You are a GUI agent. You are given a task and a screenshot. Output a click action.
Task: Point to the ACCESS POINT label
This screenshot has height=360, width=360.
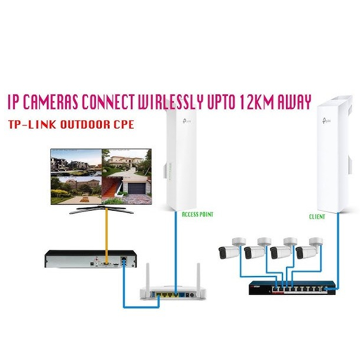(x=197, y=214)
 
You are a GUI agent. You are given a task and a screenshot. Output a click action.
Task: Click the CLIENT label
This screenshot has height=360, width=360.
(x=317, y=217)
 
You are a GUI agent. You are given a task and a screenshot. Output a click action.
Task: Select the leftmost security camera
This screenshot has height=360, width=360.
(x=231, y=249)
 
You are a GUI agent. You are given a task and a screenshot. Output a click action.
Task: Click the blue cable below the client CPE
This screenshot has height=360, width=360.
(x=338, y=249)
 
